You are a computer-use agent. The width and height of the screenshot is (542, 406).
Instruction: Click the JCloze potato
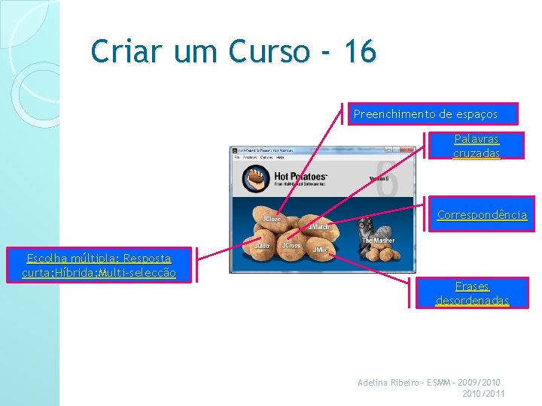coord(270,220)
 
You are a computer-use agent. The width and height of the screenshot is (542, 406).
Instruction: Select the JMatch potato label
coord(318,226)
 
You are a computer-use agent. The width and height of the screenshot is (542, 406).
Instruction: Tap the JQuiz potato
coord(262,246)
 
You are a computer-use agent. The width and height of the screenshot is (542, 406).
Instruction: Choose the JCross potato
coord(291,246)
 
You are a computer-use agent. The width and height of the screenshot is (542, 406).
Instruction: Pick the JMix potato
coord(320,249)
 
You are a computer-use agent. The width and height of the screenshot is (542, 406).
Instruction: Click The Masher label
coord(378,241)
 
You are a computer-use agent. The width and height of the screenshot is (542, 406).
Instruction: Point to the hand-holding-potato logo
coord(256,179)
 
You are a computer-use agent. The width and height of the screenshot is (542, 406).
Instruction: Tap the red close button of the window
coord(410,150)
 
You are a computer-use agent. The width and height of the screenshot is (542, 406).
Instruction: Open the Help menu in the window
coord(280,158)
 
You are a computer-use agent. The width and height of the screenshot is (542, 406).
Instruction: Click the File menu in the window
coord(236,158)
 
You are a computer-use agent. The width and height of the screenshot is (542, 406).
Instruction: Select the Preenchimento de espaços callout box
coord(432,114)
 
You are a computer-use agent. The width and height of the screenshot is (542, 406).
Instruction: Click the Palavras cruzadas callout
coord(476,146)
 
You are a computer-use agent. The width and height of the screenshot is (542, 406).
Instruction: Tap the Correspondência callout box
coord(482,215)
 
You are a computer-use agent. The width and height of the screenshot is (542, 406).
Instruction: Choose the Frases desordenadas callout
coord(472,292)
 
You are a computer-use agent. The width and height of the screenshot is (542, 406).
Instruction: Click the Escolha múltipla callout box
coord(99,265)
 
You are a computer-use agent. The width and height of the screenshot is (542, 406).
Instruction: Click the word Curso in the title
coord(269,53)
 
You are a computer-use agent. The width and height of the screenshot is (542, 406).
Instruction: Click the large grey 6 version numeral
coord(385,180)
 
